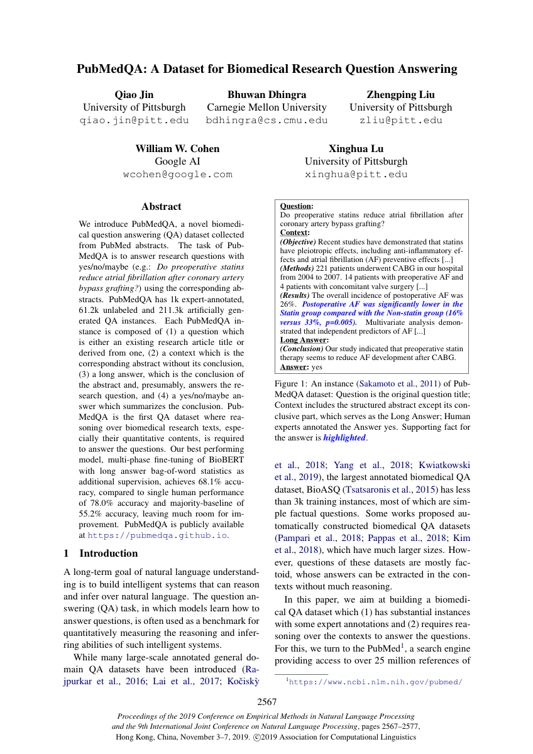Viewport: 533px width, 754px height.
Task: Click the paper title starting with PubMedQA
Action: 266,69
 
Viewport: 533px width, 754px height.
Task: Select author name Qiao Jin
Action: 134,95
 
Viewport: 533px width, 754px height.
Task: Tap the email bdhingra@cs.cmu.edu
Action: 266,120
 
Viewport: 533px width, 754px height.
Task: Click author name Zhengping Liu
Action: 400,95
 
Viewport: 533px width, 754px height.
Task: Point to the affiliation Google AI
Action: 177,161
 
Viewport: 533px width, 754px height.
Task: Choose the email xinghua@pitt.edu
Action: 356,175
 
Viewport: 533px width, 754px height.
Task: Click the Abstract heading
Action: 161,207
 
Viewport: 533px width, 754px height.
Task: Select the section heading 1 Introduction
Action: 101,554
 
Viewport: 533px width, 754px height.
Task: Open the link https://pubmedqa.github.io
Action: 157,536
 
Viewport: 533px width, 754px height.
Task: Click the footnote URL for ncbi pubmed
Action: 375,681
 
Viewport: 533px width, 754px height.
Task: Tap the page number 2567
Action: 266,702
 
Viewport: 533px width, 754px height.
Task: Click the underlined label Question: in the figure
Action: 296,206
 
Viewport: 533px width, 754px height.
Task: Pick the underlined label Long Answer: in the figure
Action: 304,340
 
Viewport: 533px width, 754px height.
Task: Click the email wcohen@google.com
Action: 177,175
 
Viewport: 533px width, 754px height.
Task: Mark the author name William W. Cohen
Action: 177,149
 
